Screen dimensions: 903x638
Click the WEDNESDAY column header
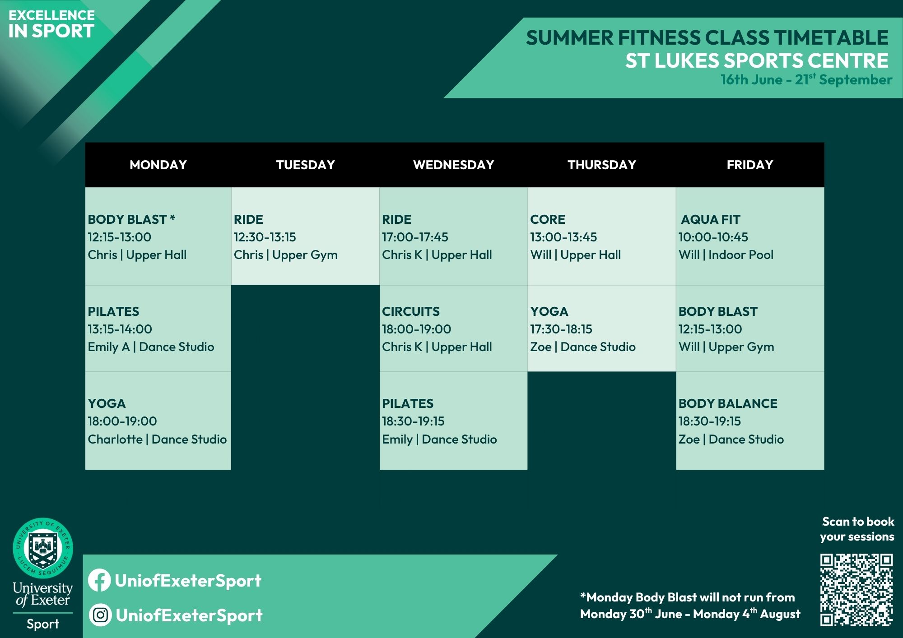(x=453, y=165)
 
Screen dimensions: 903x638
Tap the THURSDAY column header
(x=602, y=165)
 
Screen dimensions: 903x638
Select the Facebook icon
(x=99, y=580)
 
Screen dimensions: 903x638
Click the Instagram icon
(x=100, y=615)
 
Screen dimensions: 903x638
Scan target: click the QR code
(x=856, y=590)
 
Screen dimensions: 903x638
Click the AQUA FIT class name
(x=710, y=219)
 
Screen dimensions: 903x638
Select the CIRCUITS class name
(x=410, y=311)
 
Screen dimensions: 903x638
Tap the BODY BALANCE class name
(x=728, y=403)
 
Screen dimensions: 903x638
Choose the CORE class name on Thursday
(x=548, y=219)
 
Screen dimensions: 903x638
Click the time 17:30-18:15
(x=561, y=329)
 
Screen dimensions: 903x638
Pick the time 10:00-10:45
(x=713, y=237)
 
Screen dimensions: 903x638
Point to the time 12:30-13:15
(x=265, y=237)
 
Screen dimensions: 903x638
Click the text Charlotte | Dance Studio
(x=157, y=439)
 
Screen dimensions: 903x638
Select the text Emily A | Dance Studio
(x=151, y=347)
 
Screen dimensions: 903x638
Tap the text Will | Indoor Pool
(x=726, y=255)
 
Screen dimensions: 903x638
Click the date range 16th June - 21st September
(x=806, y=79)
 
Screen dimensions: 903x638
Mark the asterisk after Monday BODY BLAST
(x=172, y=217)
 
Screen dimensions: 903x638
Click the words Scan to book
(x=858, y=522)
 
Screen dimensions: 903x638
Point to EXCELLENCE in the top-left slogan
(x=51, y=15)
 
